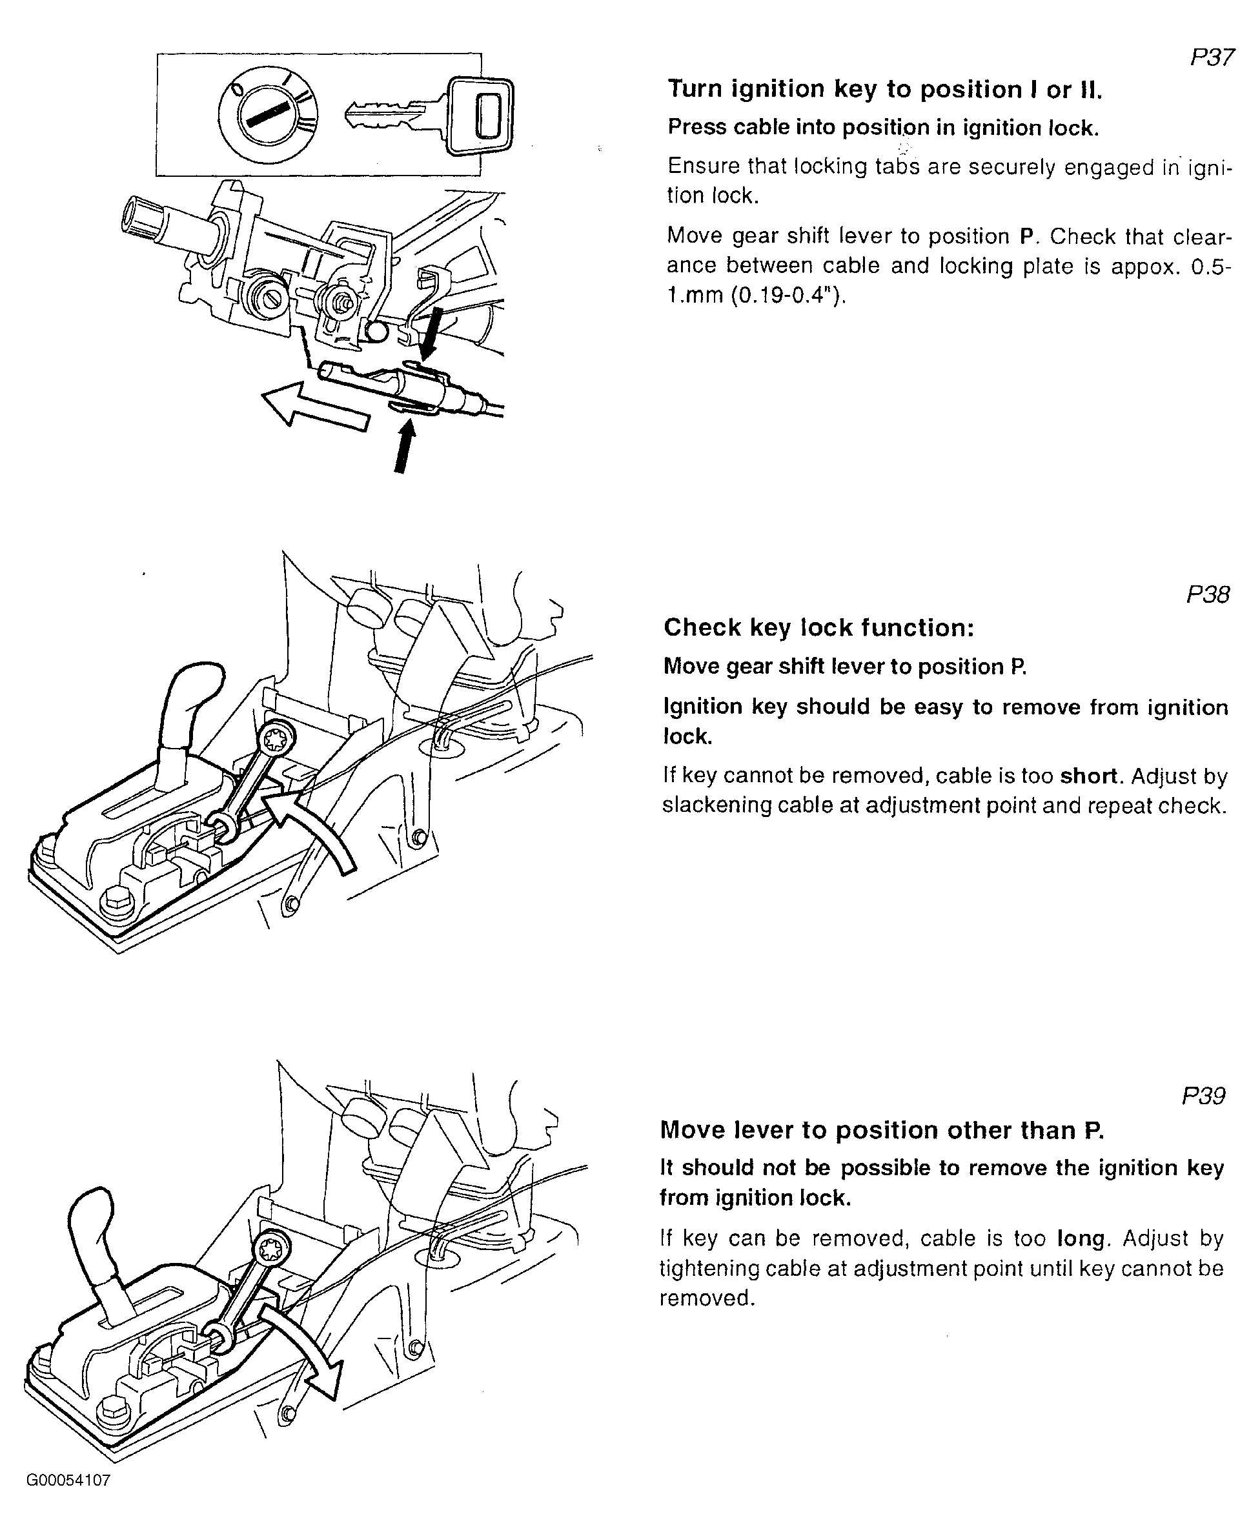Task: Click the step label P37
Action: (x=1212, y=57)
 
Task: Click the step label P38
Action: (x=1208, y=595)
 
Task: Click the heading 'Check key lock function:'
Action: (x=818, y=628)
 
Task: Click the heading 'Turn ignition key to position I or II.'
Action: (x=885, y=89)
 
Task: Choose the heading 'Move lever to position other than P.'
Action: (x=881, y=1130)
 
